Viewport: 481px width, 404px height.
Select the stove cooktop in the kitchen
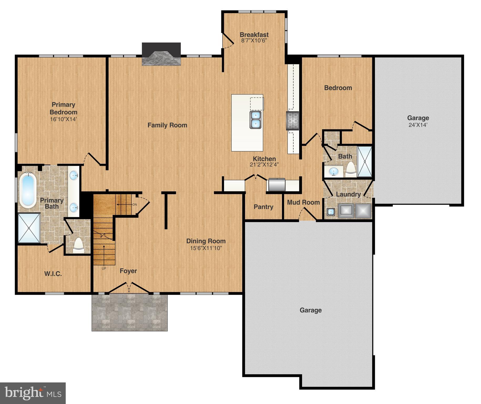point(293,121)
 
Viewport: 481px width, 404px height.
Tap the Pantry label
point(263,207)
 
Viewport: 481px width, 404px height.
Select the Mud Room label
point(303,202)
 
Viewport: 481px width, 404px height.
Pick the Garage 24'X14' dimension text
point(418,125)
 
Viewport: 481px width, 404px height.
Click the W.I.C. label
point(53,274)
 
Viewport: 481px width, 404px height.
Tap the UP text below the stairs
point(104,269)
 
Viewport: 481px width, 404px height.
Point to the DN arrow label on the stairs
point(135,204)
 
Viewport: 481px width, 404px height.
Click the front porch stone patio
point(130,312)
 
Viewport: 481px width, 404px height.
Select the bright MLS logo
point(33,393)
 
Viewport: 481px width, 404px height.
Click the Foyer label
point(128,271)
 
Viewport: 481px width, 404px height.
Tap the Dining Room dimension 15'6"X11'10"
point(206,248)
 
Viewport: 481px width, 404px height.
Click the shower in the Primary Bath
point(29,228)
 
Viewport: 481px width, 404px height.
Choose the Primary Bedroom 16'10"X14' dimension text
point(63,119)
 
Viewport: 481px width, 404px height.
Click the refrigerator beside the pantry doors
point(276,185)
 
